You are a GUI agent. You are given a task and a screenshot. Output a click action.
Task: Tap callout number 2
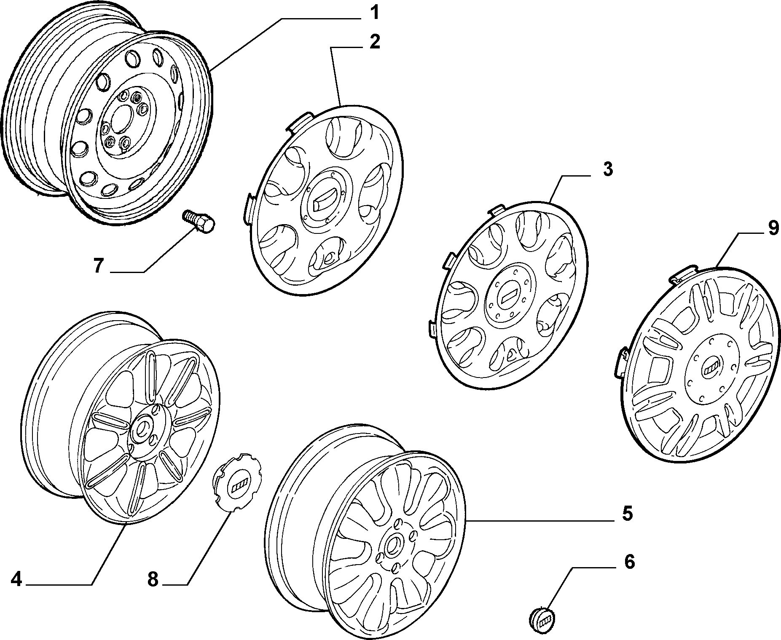pyautogui.click(x=374, y=42)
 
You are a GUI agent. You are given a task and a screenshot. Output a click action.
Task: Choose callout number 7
pyautogui.click(x=98, y=266)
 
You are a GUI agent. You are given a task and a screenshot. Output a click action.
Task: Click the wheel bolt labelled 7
pyautogui.click(x=199, y=222)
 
